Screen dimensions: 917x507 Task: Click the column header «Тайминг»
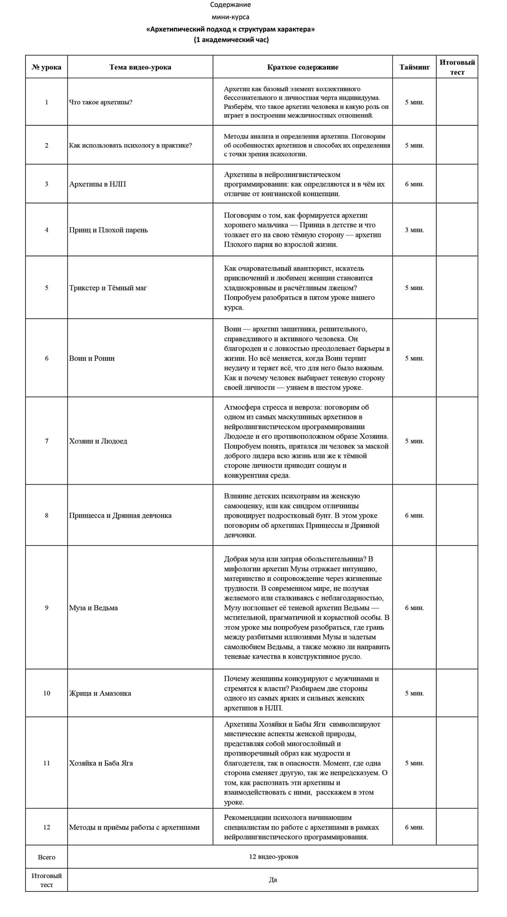point(414,67)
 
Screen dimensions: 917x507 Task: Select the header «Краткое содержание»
point(303,67)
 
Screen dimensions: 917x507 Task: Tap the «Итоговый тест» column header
point(457,67)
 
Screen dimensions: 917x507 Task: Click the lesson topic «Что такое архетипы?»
point(101,102)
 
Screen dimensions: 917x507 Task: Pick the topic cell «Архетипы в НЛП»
point(98,184)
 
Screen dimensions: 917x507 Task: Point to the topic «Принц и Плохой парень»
point(109,230)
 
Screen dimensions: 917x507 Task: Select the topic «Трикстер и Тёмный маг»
point(108,288)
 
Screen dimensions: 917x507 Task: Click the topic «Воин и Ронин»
point(92,359)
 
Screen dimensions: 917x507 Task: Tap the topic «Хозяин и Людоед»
point(98,441)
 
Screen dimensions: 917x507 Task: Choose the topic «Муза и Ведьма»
point(94,608)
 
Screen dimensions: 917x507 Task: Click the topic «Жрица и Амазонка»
point(100,693)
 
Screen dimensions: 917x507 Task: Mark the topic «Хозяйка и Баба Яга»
point(101,763)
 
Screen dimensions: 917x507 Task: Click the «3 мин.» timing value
point(414,230)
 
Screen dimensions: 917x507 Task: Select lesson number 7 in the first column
point(47,441)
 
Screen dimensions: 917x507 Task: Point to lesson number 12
point(47,827)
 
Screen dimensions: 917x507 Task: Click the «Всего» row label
point(47,857)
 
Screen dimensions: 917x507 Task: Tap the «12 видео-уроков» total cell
point(274,857)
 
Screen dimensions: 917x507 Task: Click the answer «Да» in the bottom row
point(273,880)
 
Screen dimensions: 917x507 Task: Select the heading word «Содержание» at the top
point(230,5)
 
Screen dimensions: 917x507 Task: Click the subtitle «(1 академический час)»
point(231,40)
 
